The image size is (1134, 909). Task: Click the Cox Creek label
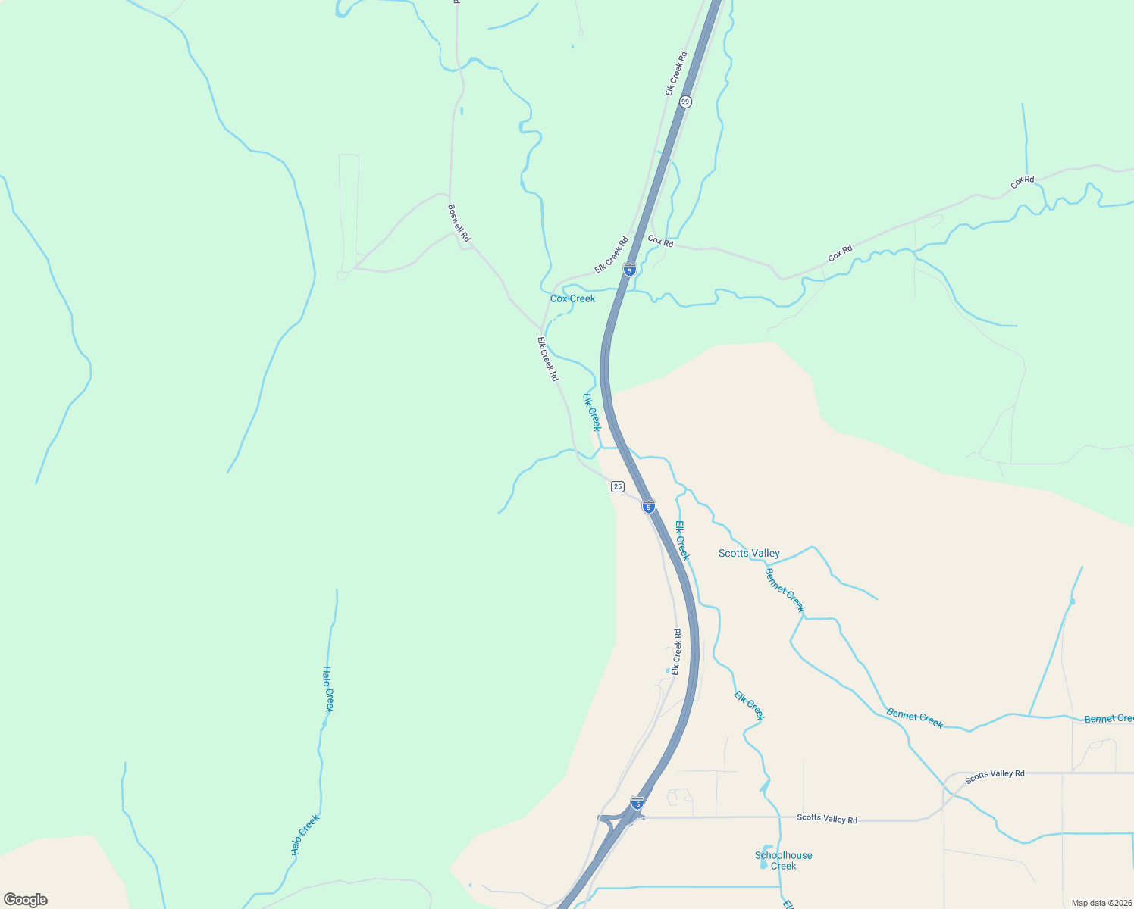pos(572,298)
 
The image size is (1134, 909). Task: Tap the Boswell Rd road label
pos(459,223)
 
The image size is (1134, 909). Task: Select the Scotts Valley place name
pos(749,553)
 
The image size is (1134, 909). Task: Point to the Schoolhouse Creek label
pos(783,861)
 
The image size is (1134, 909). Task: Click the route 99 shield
pos(685,102)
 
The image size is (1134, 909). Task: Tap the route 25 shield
pos(618,486)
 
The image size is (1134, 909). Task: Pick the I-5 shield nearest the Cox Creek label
pos(629,269)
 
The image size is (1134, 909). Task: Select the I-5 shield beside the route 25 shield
pos(648,507)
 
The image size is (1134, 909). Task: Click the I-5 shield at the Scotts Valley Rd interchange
pos(637,803)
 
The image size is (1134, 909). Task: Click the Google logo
pos(26,900)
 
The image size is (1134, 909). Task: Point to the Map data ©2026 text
pos(1101,903)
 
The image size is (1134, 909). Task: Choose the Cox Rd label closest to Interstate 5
pos(660,242)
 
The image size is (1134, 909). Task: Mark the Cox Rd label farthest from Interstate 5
pos(1023,182)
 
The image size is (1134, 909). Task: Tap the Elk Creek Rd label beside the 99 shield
pos(676,73)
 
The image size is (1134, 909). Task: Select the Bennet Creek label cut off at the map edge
pos(1108,718)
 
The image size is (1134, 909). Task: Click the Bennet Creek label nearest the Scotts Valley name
pos(785,590)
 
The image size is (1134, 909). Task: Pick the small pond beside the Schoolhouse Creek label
pos(766,856)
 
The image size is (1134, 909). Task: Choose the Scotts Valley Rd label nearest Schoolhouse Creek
pos(827,819)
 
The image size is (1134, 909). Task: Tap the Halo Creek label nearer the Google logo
pos(305,835)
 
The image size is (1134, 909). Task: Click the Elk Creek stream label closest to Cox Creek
pos(592,412)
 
